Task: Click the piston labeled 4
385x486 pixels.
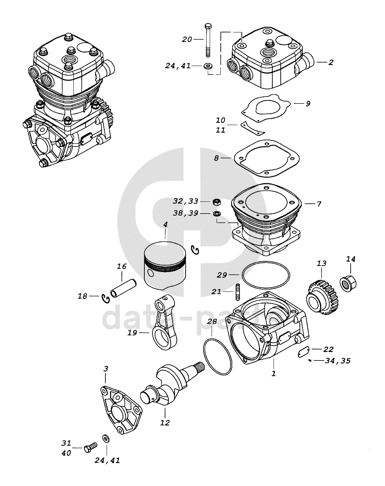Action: (165, 267)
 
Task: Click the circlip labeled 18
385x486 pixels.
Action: (105, 299)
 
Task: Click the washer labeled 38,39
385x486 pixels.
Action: (217, 213)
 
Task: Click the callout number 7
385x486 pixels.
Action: (319, 204)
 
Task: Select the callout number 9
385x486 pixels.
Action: (308, 104)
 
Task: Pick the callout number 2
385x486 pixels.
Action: (330, 62)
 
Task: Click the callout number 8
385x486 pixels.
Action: (217, 158)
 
